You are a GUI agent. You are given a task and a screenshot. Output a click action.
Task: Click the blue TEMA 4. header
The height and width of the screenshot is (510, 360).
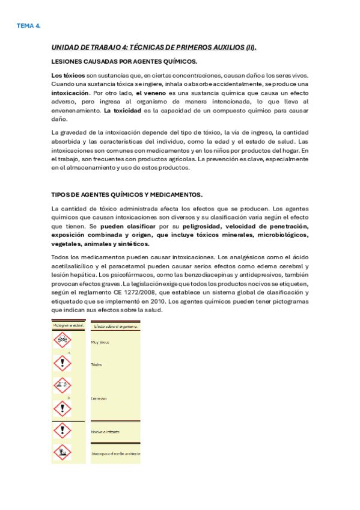pos(28,26)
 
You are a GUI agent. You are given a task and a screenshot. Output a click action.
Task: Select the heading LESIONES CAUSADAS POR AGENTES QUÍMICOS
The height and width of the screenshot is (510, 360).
pos(124,61)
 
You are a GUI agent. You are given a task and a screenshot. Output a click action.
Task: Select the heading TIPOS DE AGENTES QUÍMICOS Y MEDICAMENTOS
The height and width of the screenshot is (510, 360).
pos(127,194)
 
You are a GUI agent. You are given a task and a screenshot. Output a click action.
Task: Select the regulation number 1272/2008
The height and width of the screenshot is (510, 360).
pos(129,292)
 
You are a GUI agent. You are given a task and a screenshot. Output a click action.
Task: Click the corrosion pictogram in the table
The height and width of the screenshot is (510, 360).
pos(62,386)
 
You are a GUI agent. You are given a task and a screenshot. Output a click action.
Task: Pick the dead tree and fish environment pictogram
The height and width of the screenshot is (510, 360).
pos(62,452)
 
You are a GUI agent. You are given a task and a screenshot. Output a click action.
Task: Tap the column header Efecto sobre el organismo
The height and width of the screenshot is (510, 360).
pos(115,326)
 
